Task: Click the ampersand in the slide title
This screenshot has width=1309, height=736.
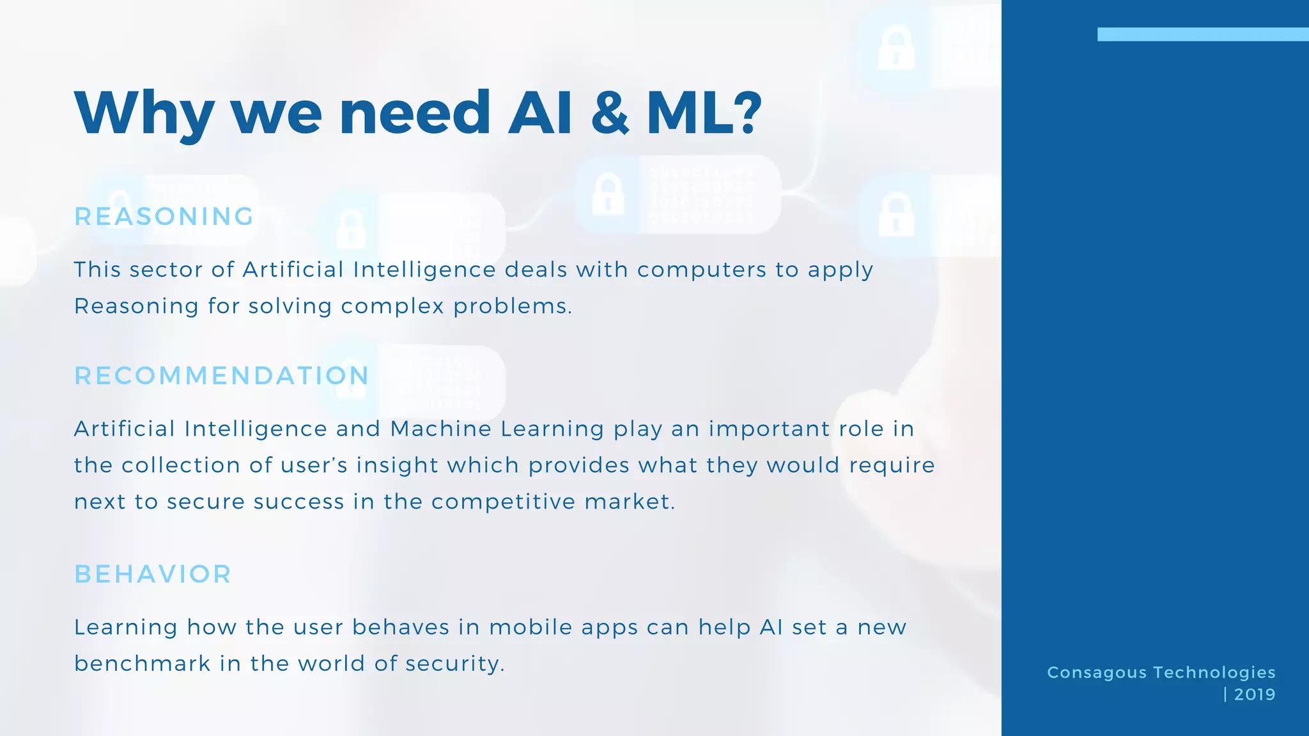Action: [610, 113]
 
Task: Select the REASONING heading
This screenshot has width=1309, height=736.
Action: [164, 217]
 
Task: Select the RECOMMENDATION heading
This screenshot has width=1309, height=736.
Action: [222, 376]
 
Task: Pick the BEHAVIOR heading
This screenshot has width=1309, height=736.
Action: [153, 574]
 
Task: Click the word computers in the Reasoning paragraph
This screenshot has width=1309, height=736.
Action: [702, 270]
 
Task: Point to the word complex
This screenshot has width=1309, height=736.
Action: [392, 306]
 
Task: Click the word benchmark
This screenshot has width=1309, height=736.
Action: [143, 664]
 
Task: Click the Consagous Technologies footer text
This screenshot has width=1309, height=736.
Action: [1161, 673]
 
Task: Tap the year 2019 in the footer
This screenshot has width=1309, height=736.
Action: [1255, 694]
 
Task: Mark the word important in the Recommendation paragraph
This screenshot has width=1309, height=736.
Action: [770, 429]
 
